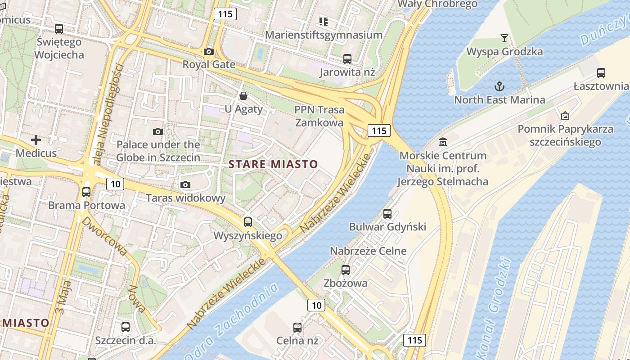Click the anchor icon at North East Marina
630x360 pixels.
click(x=499, y=86)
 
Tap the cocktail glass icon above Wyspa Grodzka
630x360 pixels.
click(x=504, y=38)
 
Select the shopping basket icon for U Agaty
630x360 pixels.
click(x=243, y=95)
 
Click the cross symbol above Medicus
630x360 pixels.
click(x=36, y=140)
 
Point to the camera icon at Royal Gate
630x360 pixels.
click(x=208, y=51)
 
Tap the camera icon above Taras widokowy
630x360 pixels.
click(x=185, y=184)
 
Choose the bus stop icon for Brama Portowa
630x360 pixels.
click(x=86, y=192)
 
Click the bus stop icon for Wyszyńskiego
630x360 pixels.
click(x=247, y=222)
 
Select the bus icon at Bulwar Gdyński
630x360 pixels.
click(x=387, y=213)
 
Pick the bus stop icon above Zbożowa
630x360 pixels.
click(x=345, y=270)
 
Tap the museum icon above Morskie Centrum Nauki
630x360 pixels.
click(x=443, y=142)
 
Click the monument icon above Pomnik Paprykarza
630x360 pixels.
click(x=565, y=116)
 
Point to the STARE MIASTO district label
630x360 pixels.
click(x=273, y=164)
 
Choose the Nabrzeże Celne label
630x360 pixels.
click(x=368, y=251)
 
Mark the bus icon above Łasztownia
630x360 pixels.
click(x=601, y=72)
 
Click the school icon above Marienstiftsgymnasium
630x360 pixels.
click(x=323, y=21)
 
